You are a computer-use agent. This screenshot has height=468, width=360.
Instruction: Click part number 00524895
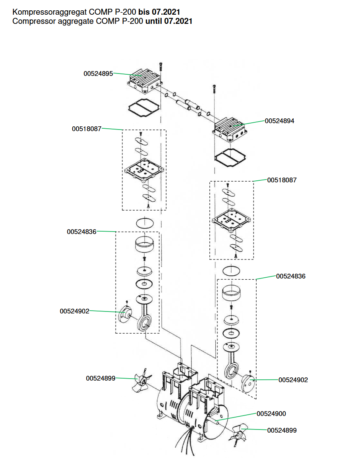click(x=98, y=73)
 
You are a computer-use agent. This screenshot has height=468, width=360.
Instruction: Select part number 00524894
click(x=280, y=121)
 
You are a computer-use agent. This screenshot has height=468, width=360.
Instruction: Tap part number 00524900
click(x=271, y=414)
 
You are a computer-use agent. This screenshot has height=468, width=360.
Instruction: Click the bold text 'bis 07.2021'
click(x=159, y=12)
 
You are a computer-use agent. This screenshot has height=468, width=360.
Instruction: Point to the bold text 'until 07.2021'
click(x=169, y=21)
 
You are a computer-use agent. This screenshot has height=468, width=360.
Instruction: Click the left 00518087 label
click(x=87, y=129)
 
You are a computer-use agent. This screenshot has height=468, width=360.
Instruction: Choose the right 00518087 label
click(x=282, y=180)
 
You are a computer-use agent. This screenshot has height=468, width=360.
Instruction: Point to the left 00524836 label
click(x=81, y=232)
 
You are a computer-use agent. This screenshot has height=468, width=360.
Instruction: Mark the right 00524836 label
click(x=291, y=276)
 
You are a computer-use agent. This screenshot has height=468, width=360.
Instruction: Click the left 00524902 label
click(x=75, y=311)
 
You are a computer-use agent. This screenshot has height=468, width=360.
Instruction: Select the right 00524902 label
click(x=293, y=380)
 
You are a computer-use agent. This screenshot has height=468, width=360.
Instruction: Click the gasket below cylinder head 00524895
click(x=143, y=106)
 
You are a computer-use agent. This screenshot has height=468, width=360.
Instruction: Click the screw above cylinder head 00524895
click(x=160, y=68)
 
